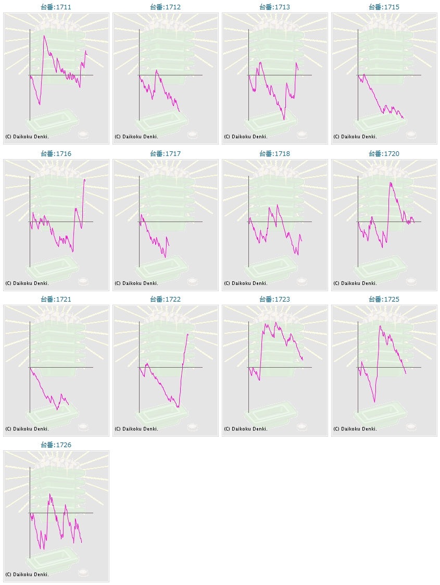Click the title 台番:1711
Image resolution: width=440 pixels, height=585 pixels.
56,7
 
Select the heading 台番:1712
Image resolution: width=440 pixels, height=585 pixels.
166,7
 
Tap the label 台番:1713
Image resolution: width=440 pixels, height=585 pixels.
275,7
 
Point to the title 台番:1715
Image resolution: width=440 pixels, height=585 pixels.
384,7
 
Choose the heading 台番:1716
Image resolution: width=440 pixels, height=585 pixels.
56,154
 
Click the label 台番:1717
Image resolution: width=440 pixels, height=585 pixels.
166,154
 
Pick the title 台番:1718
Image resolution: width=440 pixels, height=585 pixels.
275,154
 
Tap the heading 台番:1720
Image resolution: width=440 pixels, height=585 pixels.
384,154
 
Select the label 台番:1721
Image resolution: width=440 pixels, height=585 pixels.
56,300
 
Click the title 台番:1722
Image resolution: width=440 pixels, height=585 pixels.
166,300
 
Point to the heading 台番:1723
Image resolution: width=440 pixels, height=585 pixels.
275,300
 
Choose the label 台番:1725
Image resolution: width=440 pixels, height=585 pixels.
384,300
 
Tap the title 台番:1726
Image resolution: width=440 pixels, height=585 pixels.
56,445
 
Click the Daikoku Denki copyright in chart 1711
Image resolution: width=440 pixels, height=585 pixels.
27,137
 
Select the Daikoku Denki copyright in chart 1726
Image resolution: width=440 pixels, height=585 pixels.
27,575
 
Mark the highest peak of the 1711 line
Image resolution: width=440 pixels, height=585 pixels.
44,35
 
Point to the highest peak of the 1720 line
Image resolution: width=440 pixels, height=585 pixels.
390,183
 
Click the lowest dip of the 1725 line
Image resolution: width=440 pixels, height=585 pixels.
374,401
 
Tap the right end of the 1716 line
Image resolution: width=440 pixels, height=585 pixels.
85,179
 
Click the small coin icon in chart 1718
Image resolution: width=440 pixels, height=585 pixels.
301,281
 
